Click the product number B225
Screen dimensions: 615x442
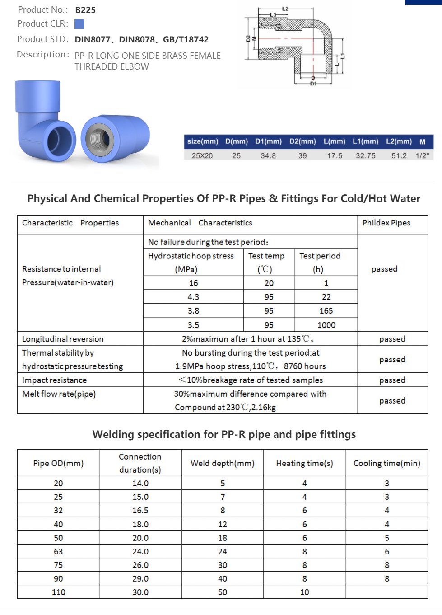coord(85,10)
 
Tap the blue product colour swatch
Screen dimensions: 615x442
coord(79,24)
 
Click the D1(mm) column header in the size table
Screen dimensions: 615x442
coord(268,141)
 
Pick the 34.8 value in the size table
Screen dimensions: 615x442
coord(268,155)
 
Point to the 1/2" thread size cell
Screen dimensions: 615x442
coord(422,155)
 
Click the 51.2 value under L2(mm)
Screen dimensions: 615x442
coord(399,155)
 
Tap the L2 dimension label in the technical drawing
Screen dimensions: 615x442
coord(285,9)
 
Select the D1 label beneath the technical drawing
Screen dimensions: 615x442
coord(313,84)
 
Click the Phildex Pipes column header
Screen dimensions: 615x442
coord(386,223)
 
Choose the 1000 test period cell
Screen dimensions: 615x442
coord(326,325)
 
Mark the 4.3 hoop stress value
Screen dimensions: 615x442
coord(193,297)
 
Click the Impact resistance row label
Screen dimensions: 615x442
coord(54,380)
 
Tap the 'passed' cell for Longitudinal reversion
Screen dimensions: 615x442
coord(392,339)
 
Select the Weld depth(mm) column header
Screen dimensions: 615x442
coord(222,463)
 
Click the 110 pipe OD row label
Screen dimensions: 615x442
coord(58,592)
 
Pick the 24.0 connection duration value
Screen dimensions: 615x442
coord(140,551)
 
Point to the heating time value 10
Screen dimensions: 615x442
coord(304,592)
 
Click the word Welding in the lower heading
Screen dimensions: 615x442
coord(113,434)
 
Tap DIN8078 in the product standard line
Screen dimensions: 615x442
coord(137,40)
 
